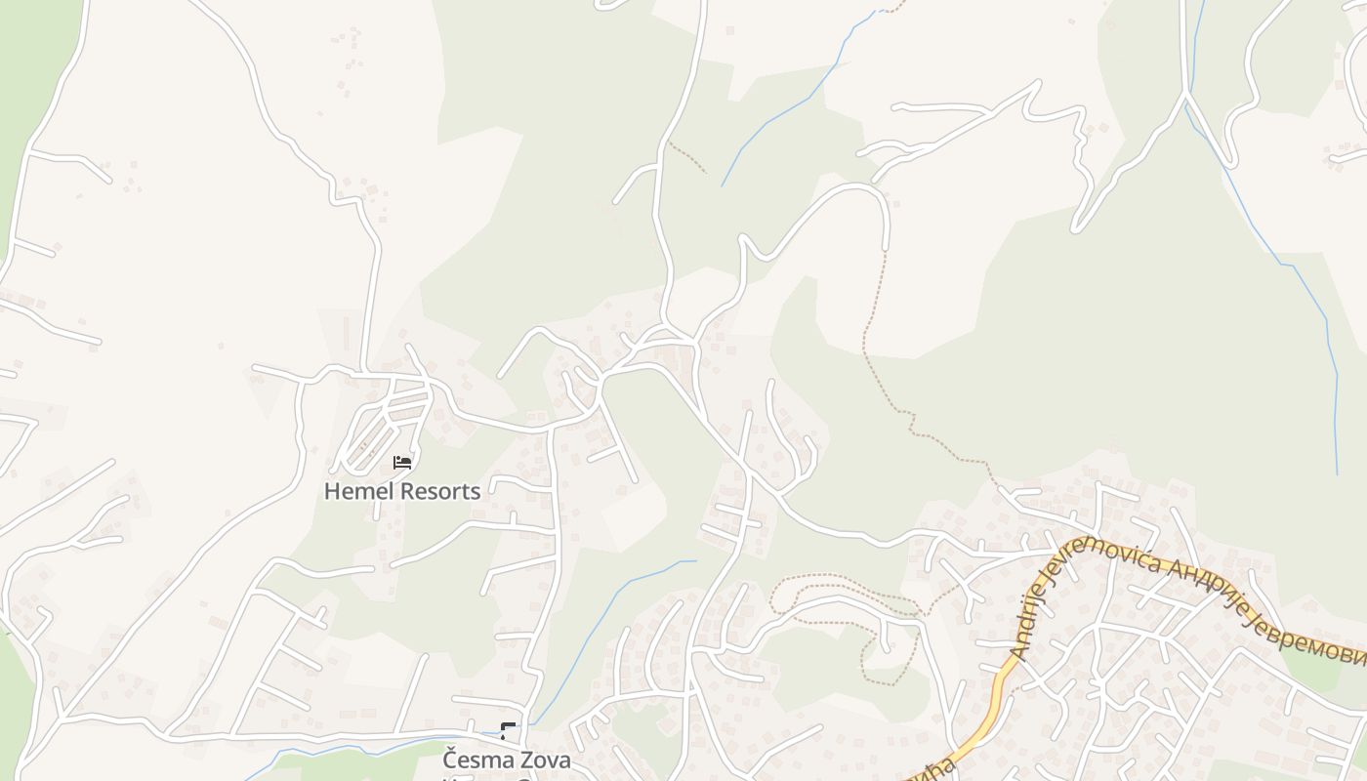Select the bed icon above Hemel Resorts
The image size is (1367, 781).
402,462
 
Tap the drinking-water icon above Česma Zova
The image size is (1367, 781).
508,730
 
